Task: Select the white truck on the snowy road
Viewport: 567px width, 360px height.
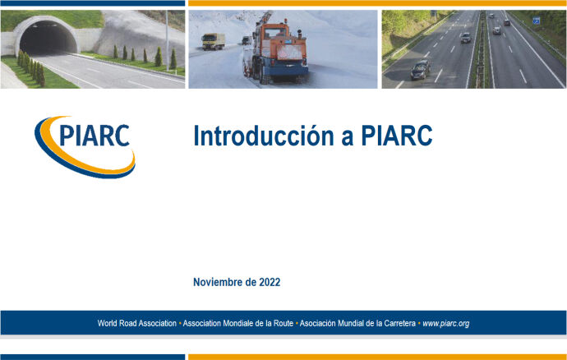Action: click(214, 41)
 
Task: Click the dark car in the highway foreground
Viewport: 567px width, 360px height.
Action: click(420, 70)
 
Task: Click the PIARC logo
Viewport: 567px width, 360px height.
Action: click(85, 144)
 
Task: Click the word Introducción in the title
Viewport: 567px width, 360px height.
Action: click(260, 136)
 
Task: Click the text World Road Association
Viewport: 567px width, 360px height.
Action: click(137, 324)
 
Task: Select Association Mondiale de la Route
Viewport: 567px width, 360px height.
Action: click(237, 324)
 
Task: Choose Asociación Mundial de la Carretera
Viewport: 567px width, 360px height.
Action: click(358, 324)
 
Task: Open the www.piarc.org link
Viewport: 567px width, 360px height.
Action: click(445, 324)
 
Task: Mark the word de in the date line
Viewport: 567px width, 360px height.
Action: click(251, 282)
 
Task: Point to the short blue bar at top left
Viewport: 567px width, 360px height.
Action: click(92, 3)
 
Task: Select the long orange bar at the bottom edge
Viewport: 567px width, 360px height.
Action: click(376, 357)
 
